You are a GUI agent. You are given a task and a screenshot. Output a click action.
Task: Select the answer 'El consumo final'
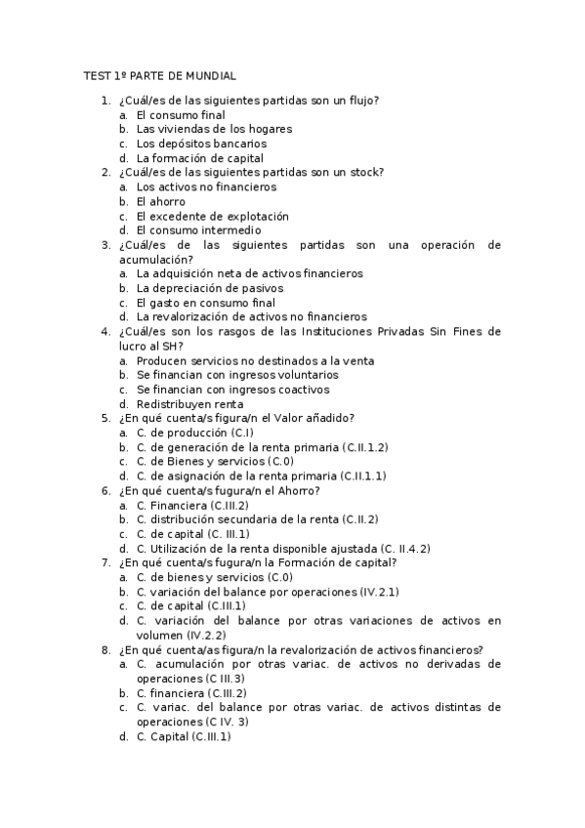point(181,114)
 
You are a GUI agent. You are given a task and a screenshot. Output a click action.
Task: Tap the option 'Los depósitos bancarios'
point(201,144)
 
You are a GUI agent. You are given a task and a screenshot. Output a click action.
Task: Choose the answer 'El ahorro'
point(161,201)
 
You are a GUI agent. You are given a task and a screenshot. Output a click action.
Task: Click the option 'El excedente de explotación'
point(213,216)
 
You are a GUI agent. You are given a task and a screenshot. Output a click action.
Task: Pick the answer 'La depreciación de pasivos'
point(211,288)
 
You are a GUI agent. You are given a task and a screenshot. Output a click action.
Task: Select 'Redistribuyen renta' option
point(189,404)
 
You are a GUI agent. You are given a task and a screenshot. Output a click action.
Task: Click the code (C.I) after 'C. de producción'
point(242,433)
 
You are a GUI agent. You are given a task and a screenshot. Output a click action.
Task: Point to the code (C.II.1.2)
point(365,447)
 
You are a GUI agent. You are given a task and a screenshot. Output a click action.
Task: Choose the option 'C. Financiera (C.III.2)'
point(192,505)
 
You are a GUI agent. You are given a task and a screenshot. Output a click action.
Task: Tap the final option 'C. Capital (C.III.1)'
point(184,737)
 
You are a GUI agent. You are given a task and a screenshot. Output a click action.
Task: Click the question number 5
point(105,419)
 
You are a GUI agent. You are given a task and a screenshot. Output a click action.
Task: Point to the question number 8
point(105,649)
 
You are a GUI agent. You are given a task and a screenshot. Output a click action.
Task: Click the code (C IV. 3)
point(227,723)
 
